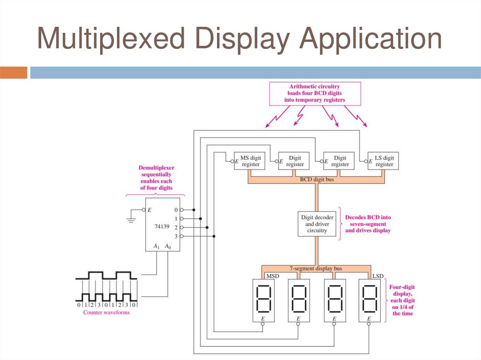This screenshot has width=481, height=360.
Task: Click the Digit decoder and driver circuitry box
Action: click(317, 224)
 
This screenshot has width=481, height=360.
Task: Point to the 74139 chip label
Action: click(163, 226)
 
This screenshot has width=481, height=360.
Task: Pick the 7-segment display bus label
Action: click(315, 268)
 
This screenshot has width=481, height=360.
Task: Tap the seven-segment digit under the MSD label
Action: click(262, 299)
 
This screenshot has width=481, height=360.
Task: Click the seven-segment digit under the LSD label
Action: click(369, 299)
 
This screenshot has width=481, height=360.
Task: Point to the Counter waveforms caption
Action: click(106, 313)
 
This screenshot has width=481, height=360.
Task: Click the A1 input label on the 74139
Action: click(157, 246)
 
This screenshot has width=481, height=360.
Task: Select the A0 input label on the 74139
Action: click(168, 246)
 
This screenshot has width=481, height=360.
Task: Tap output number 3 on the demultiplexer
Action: click(176, 236)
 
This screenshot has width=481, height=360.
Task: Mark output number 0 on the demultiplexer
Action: click(176, 210)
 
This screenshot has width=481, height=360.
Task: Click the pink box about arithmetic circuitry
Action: click(314, 93)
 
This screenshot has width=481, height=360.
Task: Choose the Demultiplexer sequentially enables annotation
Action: click(156, 177)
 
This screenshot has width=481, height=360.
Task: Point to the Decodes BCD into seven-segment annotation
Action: click(368, 224)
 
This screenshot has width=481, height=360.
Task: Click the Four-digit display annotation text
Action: click(403, 300)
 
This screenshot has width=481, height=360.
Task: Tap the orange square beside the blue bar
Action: click(14, 73)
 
